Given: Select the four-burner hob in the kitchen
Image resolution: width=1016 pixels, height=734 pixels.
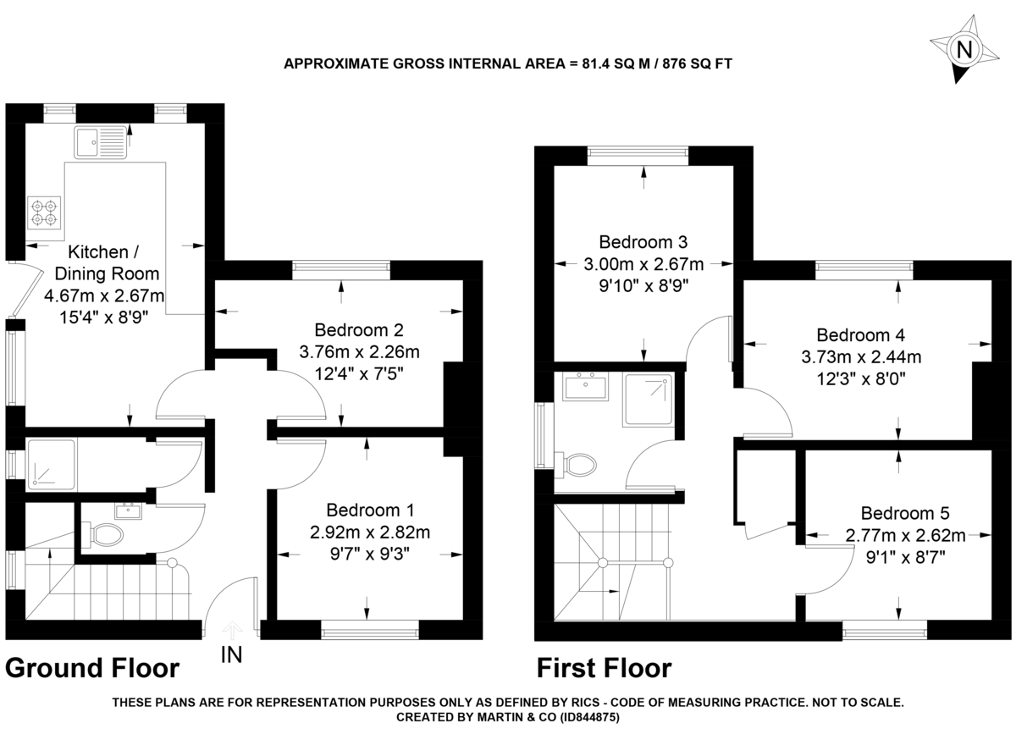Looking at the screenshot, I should [44, 212].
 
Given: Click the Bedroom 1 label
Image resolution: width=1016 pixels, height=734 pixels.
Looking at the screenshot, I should [370, 510].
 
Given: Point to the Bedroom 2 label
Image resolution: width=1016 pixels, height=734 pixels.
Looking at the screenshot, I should [358, 330].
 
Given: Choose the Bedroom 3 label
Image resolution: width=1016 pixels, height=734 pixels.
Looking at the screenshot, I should [643, 240].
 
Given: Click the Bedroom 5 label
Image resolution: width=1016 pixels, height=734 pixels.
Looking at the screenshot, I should [905, 513].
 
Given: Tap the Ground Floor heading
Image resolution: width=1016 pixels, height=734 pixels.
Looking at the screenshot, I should [92, 669].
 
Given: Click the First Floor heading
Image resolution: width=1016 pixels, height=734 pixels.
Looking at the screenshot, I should [605, 669].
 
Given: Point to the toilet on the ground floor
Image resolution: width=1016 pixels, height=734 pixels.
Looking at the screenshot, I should [106, 534].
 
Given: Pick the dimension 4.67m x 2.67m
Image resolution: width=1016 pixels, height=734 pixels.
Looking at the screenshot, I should [104, 296].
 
